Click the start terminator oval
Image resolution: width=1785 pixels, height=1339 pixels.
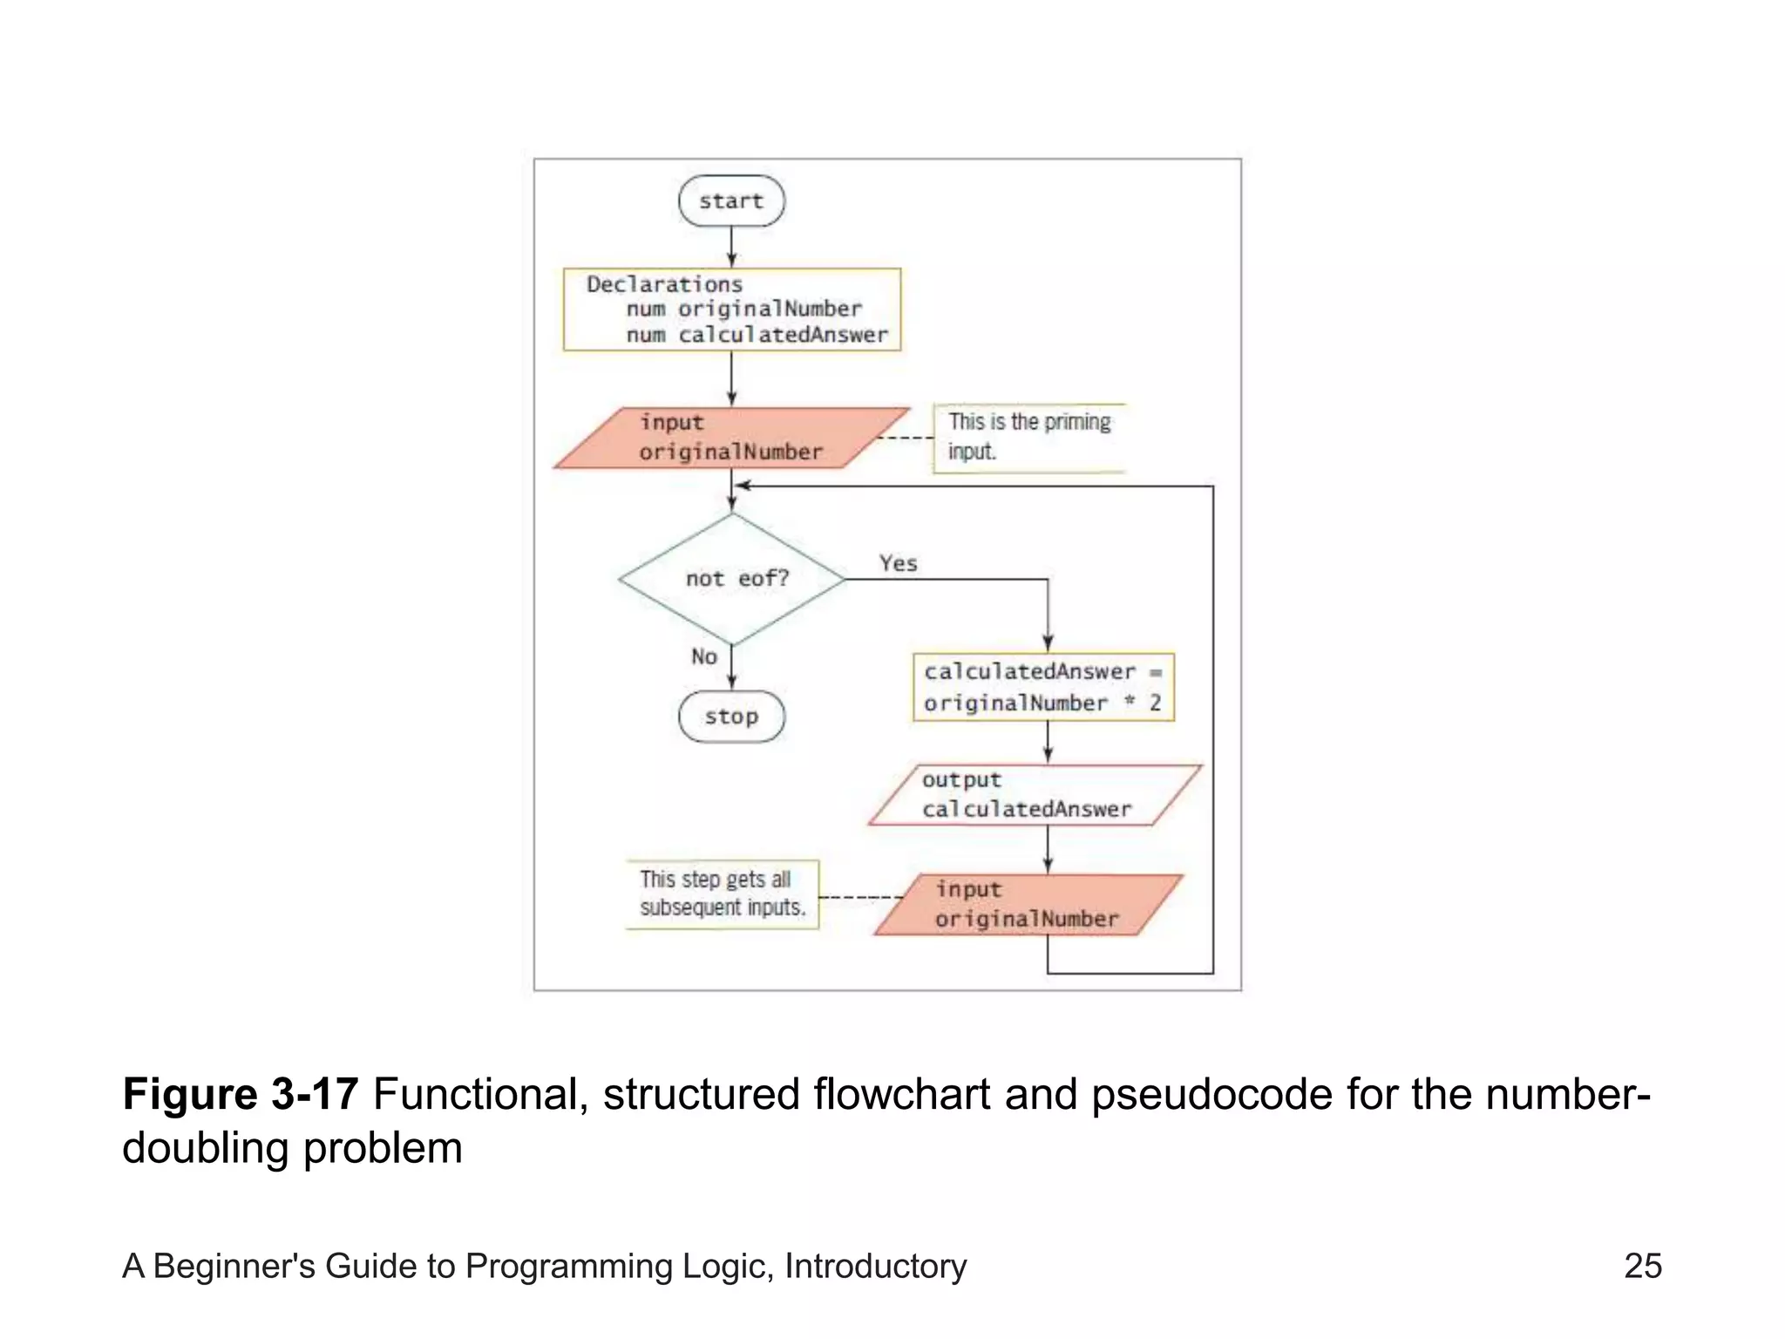[731, 201]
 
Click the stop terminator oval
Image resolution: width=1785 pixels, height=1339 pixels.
[731, 717]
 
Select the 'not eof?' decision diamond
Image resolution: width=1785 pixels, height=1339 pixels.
[733, 579]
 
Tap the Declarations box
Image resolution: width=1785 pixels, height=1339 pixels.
[731, 309]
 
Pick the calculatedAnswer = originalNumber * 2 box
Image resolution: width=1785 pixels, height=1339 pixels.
[1043, 687]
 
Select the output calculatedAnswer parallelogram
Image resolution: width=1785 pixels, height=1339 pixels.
[1035, 795]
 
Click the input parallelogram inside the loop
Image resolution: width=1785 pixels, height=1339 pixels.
[1028, 905]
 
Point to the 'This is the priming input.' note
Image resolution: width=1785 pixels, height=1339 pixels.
[1028, 437]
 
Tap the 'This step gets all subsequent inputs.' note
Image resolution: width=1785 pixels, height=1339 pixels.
[722, 894]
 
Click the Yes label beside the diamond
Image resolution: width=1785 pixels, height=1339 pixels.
[898, 564]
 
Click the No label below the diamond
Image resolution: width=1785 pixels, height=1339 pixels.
[704, 656]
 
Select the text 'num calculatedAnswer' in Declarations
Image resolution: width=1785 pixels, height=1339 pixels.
[757, 335]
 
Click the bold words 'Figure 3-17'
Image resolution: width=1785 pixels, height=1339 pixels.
[241, 1094]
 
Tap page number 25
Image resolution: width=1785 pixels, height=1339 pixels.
[1642, 1266]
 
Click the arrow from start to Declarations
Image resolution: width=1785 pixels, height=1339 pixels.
[731, 247]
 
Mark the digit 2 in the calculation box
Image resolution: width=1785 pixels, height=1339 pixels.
[1155, 703]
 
